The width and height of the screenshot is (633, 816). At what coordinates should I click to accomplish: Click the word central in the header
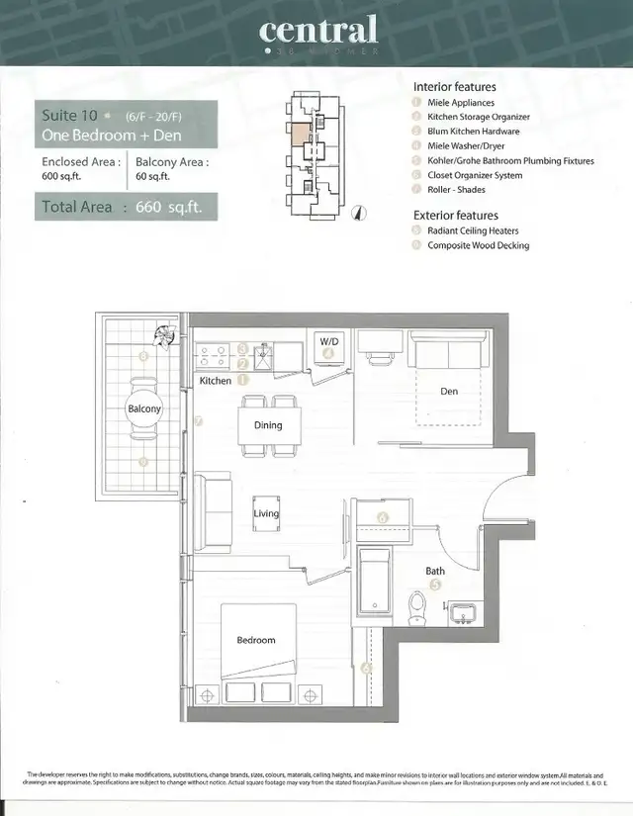[316, 30]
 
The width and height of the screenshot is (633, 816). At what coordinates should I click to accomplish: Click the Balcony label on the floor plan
[143, 408]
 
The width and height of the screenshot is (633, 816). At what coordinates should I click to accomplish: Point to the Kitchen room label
[215, 381]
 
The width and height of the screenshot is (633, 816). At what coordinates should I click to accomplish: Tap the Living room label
[266, 513]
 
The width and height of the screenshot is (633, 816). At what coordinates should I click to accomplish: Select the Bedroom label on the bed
[255, 640]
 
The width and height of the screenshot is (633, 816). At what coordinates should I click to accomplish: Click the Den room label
[449, 392]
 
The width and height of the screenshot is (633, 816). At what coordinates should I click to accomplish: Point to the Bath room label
[435, 571]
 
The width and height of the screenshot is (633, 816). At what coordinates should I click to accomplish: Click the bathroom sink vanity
[463, 613]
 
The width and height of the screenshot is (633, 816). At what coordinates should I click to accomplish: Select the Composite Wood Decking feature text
[478, 245]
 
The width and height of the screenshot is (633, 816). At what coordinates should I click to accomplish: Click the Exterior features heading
[456, 215]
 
